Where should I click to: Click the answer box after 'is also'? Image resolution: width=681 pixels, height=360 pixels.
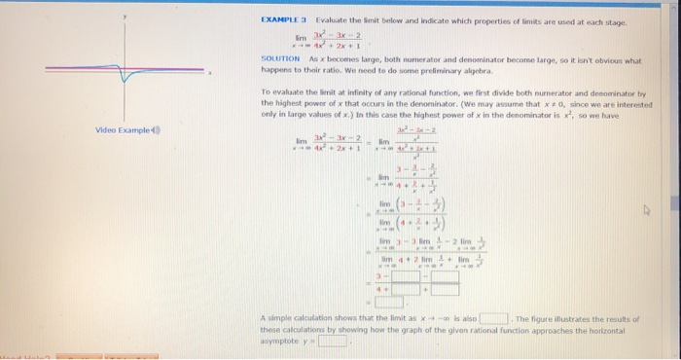[493, 318]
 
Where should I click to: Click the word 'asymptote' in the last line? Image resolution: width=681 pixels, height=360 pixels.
[277, 342]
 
